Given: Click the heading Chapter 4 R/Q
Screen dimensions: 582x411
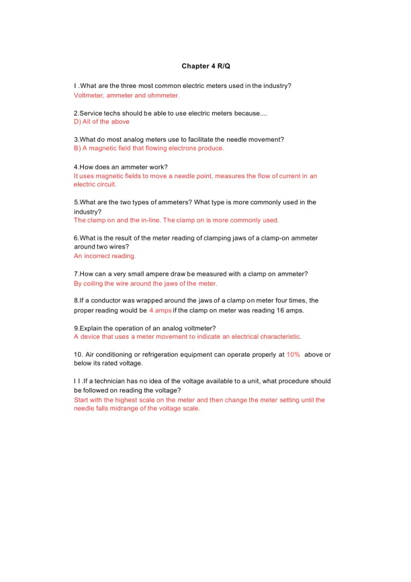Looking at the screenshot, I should click(205, 67).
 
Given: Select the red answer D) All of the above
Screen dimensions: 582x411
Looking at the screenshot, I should click(101, 122).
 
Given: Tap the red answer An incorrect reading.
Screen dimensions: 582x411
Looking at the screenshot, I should click(104, 256).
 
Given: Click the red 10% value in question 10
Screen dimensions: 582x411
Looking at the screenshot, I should click(293, 354).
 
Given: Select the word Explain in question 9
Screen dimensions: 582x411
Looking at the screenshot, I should click(93, 327).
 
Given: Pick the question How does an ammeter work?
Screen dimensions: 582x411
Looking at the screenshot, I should click(120, 166).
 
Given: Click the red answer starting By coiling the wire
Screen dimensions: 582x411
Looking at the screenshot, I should click(145, 283).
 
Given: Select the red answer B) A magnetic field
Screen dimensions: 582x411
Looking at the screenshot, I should click(148, 148).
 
